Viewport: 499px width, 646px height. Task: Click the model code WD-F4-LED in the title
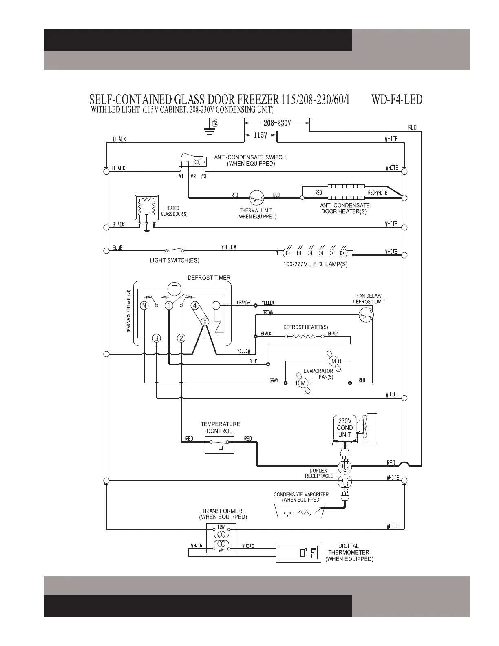tap(397, 100)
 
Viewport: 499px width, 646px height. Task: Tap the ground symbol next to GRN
tap(209, 128)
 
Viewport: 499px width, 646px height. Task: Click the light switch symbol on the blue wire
tap(174, 250)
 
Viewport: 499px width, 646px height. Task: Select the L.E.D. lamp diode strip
tap(314, 252)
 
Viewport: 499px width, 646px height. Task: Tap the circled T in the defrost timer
tap(174, 289)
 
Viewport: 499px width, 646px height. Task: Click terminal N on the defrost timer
tap(144, 305)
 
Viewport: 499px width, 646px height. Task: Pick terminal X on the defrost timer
tap(205, 322)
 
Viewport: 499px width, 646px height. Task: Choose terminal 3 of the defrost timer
tap(157, 338)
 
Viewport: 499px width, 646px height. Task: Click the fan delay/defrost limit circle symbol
tap(366, 314)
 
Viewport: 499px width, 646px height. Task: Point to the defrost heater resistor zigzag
tap(304, 337)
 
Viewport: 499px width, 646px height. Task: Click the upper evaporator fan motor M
tap(333, 361)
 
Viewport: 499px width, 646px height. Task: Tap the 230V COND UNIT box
tap(344, 428)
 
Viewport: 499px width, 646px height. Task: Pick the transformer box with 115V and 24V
tap(221, 538)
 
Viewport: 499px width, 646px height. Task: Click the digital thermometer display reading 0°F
tap(298, 553)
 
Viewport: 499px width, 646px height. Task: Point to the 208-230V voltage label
tap(277, 123)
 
